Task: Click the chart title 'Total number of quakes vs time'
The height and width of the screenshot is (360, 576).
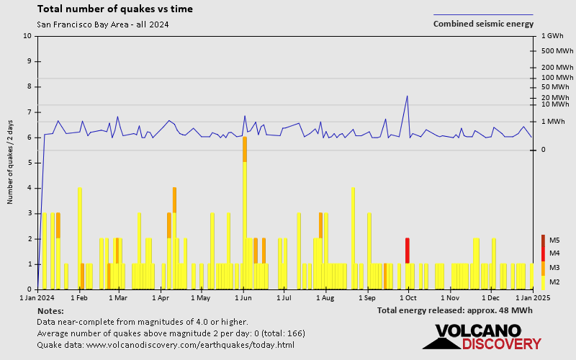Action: [x=114, y=9]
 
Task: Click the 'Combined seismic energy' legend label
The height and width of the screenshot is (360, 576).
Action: [x=483, y=24]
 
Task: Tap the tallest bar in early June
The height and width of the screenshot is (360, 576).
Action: [x=245, y=216]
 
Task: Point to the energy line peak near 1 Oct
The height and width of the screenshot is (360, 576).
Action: [x=408, y=96]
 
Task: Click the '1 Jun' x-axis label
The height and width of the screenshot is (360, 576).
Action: [x=243, y=297]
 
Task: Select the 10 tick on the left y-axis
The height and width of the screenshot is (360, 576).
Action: [x=27, y=36]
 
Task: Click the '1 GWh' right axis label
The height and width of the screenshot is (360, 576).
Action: [x=552, y=36]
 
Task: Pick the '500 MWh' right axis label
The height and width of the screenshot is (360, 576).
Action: [x=557, y=51]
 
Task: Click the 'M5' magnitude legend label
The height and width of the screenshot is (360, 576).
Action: [x=554, y=240]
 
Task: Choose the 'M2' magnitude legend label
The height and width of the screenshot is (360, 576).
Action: [x=554, y=282]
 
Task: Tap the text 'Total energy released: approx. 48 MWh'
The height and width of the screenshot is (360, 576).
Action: [x=454, y=310]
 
